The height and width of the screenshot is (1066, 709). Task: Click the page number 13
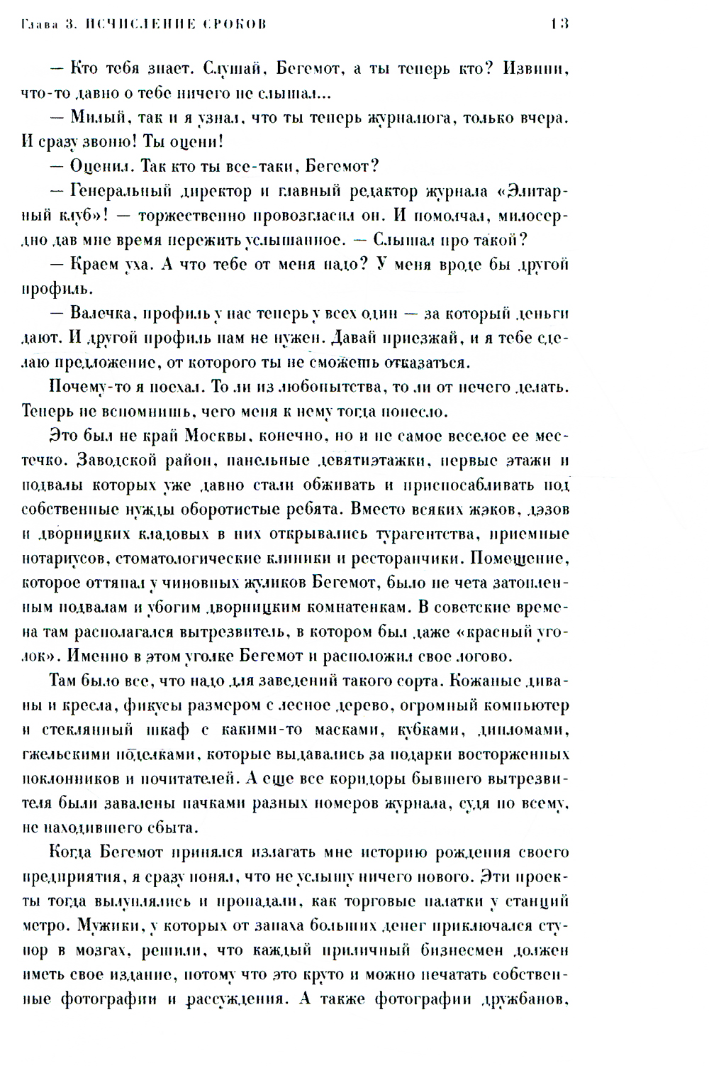tap(559, 24)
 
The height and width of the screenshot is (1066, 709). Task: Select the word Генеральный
tap(121, 192)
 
